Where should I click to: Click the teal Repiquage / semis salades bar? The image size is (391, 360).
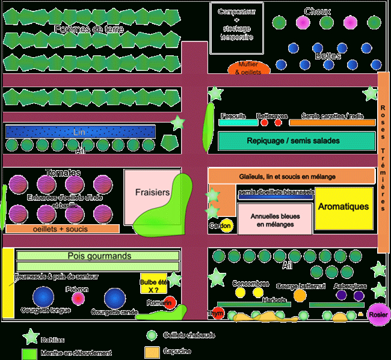click(293, 141)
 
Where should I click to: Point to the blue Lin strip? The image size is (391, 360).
click(81, 131)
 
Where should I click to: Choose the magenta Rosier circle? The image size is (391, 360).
click(378, 314)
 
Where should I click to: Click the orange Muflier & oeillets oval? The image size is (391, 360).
click(248, 67)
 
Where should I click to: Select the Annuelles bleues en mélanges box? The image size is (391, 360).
click(274, 219)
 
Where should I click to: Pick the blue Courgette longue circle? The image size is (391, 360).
click(44, 296)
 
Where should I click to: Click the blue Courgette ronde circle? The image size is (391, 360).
click(114, 298)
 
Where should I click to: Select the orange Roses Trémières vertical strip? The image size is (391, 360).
click(383, 162)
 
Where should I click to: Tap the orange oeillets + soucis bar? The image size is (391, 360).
click(63, 229)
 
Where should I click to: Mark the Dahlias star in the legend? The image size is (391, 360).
click(29, 338)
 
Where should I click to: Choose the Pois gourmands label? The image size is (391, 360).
click(99, 256)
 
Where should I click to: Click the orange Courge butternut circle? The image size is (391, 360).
click(300, 295)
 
